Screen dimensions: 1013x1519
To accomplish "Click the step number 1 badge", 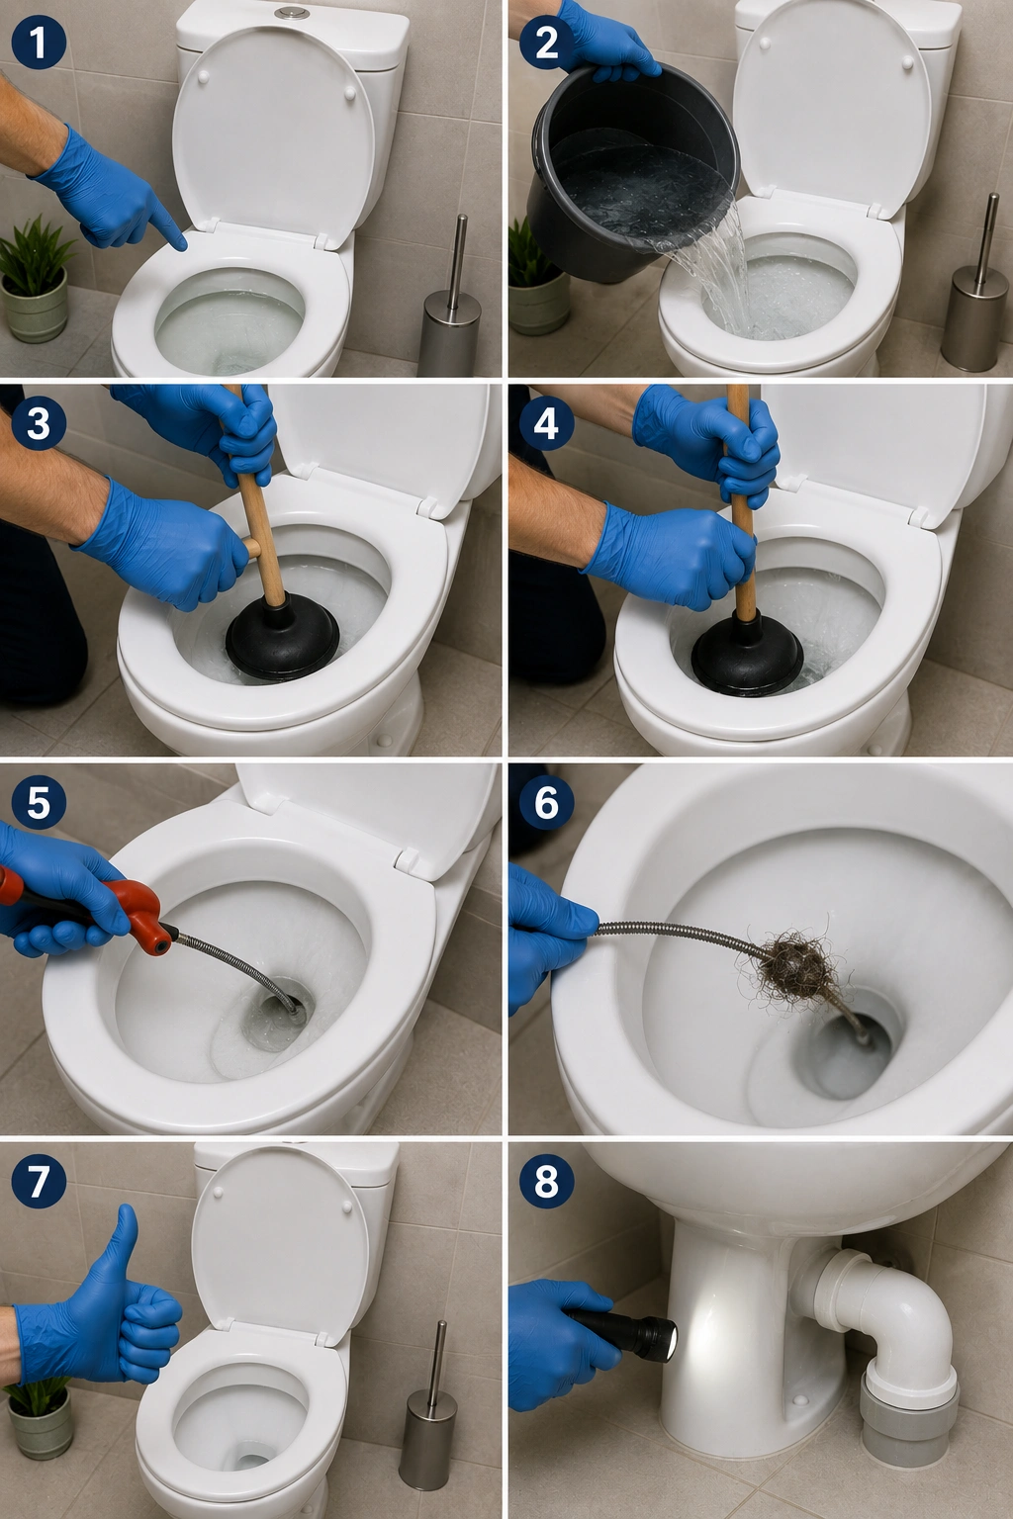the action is click(x=39, y=43).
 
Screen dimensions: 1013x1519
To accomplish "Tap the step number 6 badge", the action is click(x=546, y=803).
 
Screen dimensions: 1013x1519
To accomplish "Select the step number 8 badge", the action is click(x=546, y=1183).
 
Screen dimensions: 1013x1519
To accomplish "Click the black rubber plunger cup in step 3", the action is click(x=282, y=638).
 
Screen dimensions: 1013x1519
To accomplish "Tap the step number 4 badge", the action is click(x=546, y=423).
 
